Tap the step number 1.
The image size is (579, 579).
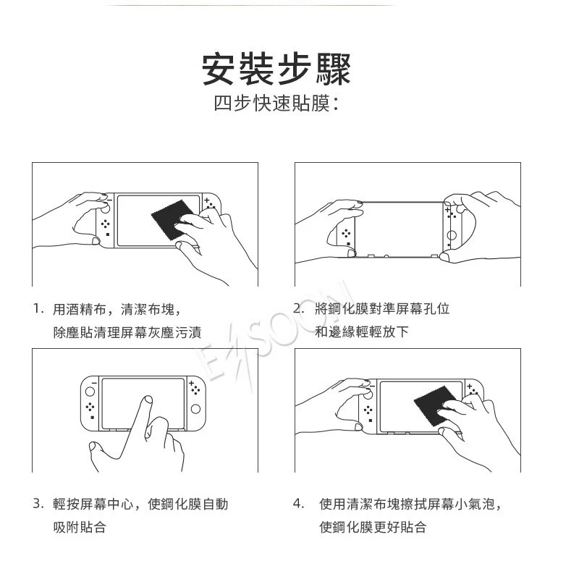38,309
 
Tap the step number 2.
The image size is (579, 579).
298,309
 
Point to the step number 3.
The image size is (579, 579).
38,504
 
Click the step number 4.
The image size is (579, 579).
298,504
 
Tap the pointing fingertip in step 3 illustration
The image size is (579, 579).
148,400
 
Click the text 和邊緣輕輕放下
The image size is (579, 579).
362,332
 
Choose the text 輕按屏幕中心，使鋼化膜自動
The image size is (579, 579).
140,504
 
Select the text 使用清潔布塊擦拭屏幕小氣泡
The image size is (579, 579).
410,504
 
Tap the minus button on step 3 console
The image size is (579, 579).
93,382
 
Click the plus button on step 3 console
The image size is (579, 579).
191,382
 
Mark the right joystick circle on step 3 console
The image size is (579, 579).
195,410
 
